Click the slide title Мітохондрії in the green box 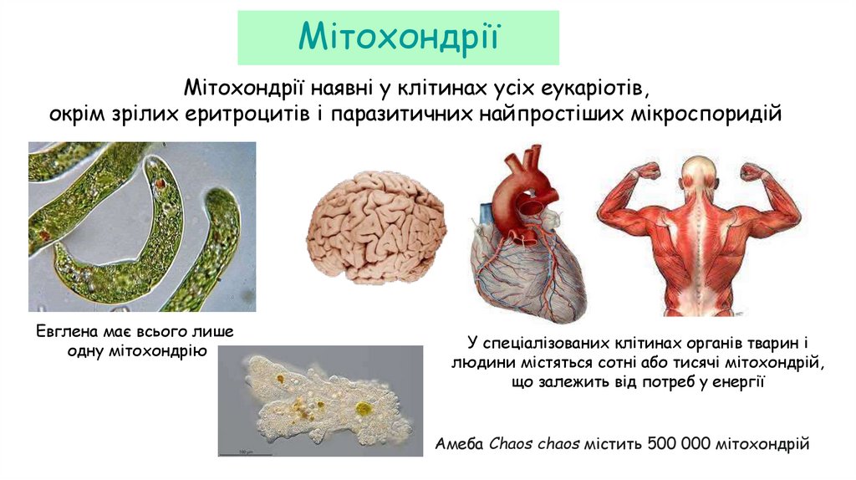(x=399, y=37)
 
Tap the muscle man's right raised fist (x=752, y=171)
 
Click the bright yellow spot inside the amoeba (x=363, y=409)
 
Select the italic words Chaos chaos (x=535, y=443)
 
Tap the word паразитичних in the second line (x=400, y=112)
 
